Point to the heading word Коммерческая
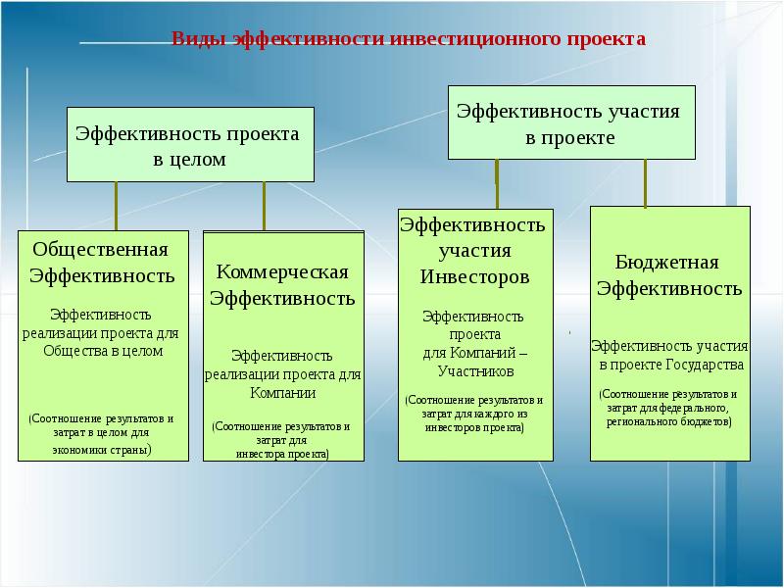click(x=282, y=271)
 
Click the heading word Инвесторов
click(x=474, y=276)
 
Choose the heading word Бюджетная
click(x=667, y=263)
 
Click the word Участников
click(x=474, y=371)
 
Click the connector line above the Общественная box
click(x=117, y=206)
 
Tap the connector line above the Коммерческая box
click(x=264, y=206)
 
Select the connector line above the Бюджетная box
click(x=645, y=182)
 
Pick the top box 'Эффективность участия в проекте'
click(x=571, y=122)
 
